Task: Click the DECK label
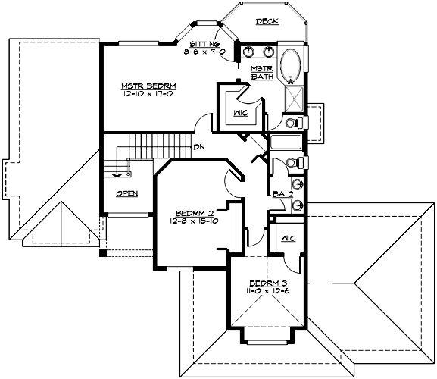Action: pyautogui.click(x=267, y=22)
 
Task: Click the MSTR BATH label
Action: pyautogui.click(x=261, y=73)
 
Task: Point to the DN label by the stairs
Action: pyautogui.click(x=199, y=146)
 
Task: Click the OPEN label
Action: pyautogui.click(x=126, y=193)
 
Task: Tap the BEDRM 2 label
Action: pyautogui.click(x=193, y=212)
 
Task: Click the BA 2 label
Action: pyautogui.click(x=282, y=194)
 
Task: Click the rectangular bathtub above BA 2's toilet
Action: pyautogui.click(x=286, y=143)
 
